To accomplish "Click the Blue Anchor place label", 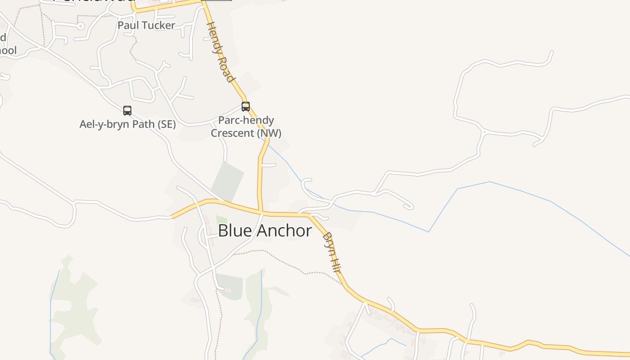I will [265, 231].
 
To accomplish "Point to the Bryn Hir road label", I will [332, 252].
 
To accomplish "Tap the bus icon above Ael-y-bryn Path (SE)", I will [127, 110].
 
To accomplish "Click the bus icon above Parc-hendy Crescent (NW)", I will [246, 107].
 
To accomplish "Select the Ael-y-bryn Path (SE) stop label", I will [127, 124].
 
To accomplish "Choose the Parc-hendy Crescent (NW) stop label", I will [246, 127].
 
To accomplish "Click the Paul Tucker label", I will [146, 25].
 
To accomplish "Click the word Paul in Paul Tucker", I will [127, 25].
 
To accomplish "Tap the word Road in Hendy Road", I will [226, 67].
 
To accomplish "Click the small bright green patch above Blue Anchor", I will [221, 220].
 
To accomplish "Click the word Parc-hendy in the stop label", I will [246, 120].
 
